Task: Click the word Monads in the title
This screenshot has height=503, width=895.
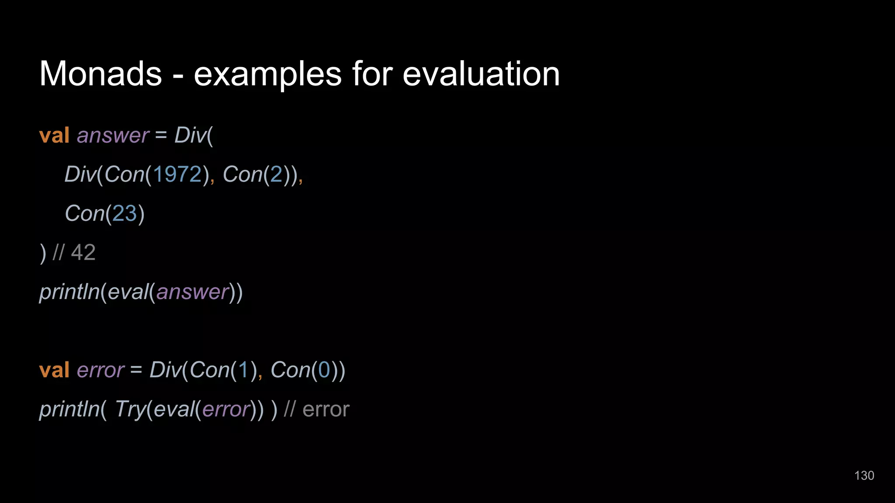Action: point(101,74)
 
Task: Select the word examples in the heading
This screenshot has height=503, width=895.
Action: point(267,74)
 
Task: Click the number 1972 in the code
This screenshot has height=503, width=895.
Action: point(177,174)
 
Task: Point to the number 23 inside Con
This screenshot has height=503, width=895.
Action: point(125,214)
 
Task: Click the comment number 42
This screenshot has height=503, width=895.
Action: point(83,252)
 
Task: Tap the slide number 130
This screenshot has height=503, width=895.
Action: point(864,475)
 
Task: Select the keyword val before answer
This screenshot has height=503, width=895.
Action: point(54,135)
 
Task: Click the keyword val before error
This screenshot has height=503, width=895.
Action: point(54,370)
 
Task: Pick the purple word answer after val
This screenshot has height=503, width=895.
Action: point(113,135)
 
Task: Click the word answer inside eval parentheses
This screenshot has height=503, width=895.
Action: point(193,292)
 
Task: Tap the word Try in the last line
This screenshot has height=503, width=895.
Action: point(130,410)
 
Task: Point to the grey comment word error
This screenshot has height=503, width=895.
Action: point(326,410)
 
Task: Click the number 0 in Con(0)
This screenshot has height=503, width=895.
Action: point(324,370)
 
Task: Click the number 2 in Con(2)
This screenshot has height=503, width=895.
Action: point(276,174)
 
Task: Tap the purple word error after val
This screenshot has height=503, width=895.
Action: point(101,370)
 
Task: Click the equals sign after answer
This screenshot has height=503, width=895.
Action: point(161,135)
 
